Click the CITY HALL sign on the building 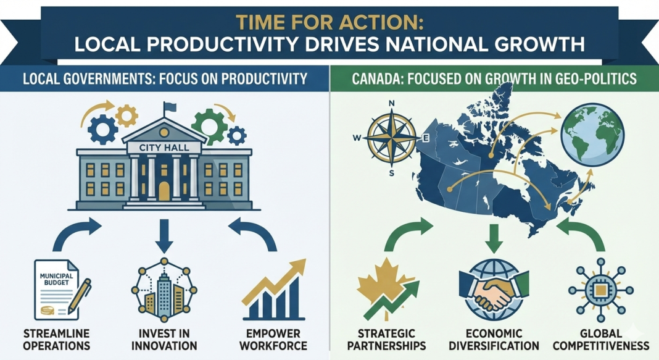pyautogui.click(x=164, y=148)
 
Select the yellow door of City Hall pyautogui.click(x=164, y=191)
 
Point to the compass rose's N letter pyautogui.click(x=391, y=104)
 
